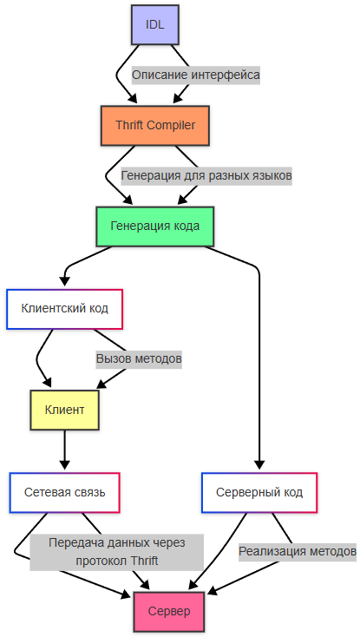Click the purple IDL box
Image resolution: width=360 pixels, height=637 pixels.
point(154,24)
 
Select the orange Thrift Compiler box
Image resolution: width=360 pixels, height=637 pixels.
point(155,125)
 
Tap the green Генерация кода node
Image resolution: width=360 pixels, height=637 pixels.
point(155,226)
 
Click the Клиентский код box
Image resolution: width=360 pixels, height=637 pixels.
point(64,309)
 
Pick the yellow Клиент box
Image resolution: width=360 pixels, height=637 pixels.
point(64,408)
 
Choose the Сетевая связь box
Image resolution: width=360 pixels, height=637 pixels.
point(64,492)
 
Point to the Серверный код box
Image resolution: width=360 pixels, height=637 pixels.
point(259,492)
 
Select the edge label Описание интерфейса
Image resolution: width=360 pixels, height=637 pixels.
point(196,75)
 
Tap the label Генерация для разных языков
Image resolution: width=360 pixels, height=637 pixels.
point(206,175)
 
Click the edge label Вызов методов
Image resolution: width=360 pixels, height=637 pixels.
point(139,358)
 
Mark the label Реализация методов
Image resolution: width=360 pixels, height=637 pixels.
point(298,551)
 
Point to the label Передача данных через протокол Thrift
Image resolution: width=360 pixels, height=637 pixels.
point(116,551)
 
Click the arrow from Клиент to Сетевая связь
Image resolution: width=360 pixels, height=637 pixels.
point(65,451)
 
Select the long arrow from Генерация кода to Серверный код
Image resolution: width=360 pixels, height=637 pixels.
point(259,364)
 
